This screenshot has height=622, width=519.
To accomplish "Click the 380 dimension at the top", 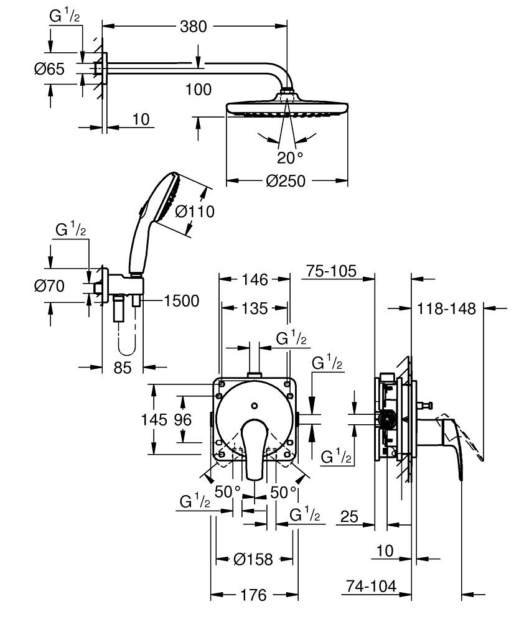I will pos(194,26).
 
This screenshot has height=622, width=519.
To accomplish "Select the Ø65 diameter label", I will pos(49,69).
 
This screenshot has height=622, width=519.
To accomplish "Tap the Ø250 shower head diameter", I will pos(286,181).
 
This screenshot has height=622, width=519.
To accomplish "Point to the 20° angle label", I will pos(289,157).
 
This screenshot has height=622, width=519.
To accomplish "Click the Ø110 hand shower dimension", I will pos(195,211).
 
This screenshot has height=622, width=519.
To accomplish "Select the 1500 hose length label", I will pos(181,301).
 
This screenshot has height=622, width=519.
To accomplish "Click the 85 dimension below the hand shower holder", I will pos(123,368).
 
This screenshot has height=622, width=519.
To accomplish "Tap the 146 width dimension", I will pos(255,280).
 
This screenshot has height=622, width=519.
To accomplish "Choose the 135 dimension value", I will pos(255,308).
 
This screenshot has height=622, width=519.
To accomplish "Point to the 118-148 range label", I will pos(446,308).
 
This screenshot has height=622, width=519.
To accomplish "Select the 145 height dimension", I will pos(154,420).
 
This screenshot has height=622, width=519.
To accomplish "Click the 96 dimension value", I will pos(182,420).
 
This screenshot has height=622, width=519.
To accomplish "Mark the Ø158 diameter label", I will pos(253,559).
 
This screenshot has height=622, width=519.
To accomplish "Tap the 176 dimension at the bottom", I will pos(253,595).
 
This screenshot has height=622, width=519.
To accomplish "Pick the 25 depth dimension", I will pos(350,516).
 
